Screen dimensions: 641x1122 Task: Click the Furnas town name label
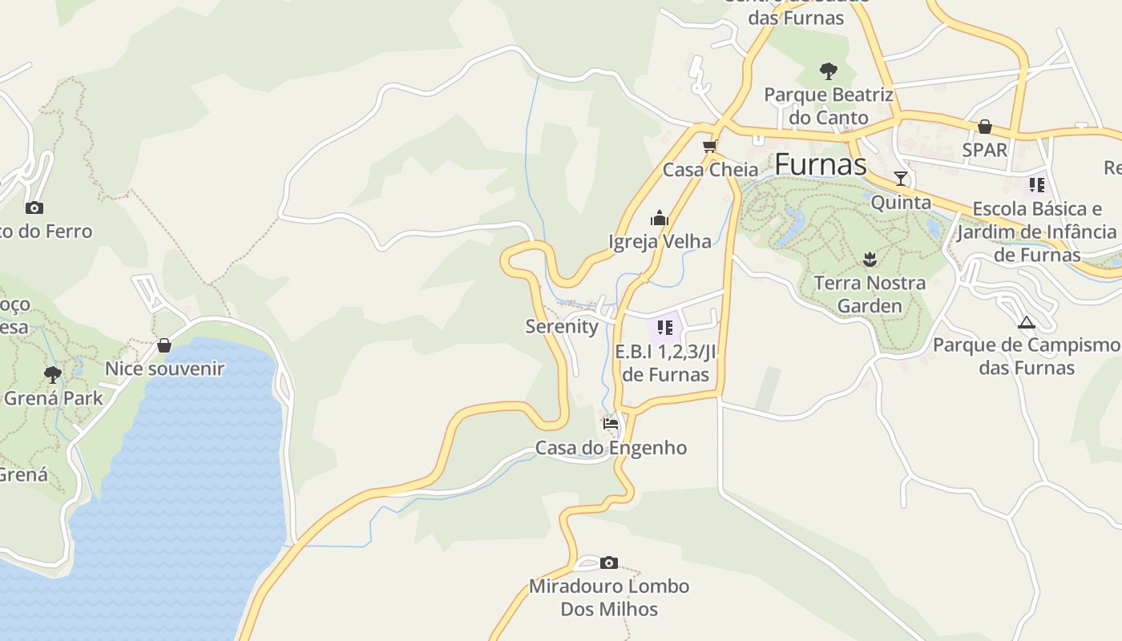(820, 164)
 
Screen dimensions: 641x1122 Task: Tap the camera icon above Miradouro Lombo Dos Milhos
(609, 562)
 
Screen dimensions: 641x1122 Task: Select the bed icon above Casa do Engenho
(611, 424)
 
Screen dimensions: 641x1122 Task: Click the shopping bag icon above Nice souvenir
(164, 345)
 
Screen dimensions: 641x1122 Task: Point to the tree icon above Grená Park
(53, 374)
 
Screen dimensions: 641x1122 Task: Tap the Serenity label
(562, 326)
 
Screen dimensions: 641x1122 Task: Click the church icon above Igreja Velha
(660, 218)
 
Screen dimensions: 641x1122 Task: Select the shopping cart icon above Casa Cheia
(709, 146)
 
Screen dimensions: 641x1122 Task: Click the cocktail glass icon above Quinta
(901, 179)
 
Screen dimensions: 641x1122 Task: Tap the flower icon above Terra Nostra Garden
(870, 259)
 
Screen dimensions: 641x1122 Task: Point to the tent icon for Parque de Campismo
(1026, 323)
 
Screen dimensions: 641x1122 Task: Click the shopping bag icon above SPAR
(985, 127)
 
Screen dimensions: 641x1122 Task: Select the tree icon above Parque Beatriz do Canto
(828, 71)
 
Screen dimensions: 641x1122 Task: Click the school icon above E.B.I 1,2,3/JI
(664, 328)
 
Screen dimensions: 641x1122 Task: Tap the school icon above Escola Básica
(1037, 185)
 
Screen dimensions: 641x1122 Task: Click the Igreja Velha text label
(660, 241)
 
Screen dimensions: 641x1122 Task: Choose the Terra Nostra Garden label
(870, 294)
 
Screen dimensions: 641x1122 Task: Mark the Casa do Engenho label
(611, 448)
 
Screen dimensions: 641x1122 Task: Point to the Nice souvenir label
(164, 369)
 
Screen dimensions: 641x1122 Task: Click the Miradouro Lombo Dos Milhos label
(609, 598)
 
